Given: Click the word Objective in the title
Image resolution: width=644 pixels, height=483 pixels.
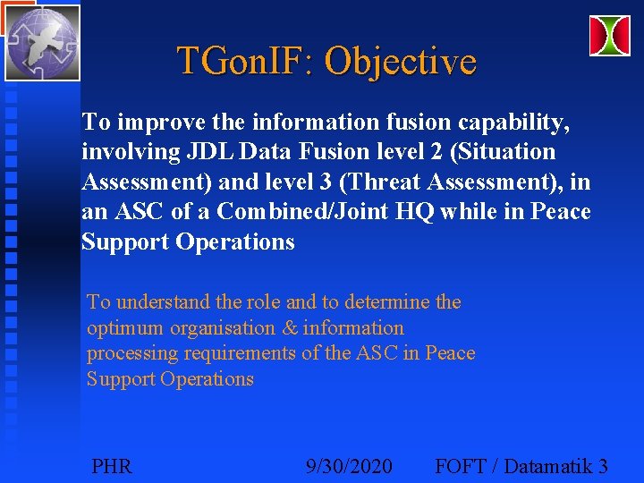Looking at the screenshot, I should click(x=400, y=62).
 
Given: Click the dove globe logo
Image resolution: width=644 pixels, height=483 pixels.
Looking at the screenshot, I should click(x=42, y=42).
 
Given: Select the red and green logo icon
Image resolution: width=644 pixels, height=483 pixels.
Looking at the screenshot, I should click(x=609, y=36).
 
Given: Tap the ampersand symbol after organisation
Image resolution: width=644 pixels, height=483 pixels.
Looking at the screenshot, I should click(x=290, y=328).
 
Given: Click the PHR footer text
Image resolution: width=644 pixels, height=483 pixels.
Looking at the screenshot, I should click(x=112, y=466).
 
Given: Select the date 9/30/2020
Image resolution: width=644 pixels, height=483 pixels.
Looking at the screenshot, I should click(x=348, y=466).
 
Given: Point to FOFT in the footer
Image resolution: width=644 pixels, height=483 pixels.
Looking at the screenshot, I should click(x=460, y=466).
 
